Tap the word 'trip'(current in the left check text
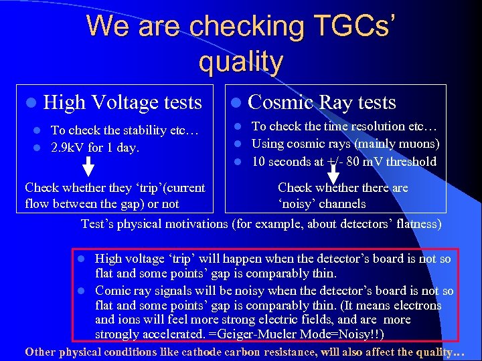166,188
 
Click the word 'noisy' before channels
299,204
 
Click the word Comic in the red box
112,291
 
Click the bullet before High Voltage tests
31,103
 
